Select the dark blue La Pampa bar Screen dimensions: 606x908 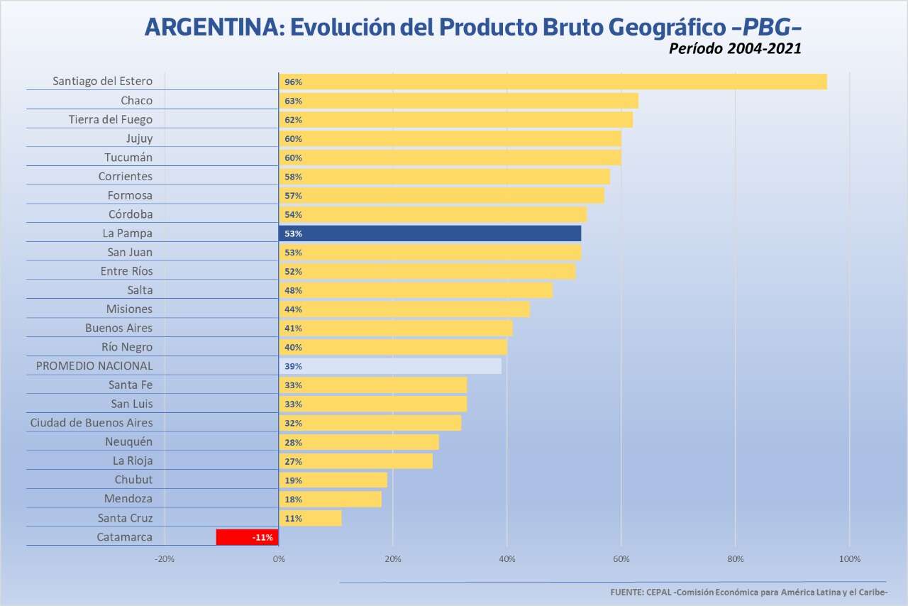pos(430,233)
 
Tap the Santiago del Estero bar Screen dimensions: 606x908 pos(553,82)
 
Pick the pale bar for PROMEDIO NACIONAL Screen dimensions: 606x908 pos(390,366)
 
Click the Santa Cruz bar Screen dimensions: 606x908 pos(310,518)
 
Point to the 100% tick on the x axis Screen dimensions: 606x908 pos(849,559)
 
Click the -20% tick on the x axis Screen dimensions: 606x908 pos(165,559)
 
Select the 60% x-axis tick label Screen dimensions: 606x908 pos(621,559)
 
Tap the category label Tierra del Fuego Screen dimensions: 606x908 pos(110,119)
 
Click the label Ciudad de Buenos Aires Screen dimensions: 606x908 pos(91,422)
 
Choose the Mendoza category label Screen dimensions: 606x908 pos(128,498)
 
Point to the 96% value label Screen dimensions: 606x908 pos(293,82)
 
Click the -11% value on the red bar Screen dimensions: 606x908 pos(262,537)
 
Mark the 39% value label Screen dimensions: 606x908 pos(293,366)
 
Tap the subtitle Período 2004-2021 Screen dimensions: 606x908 pos(735,49)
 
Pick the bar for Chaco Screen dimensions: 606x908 pos(458,101)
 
